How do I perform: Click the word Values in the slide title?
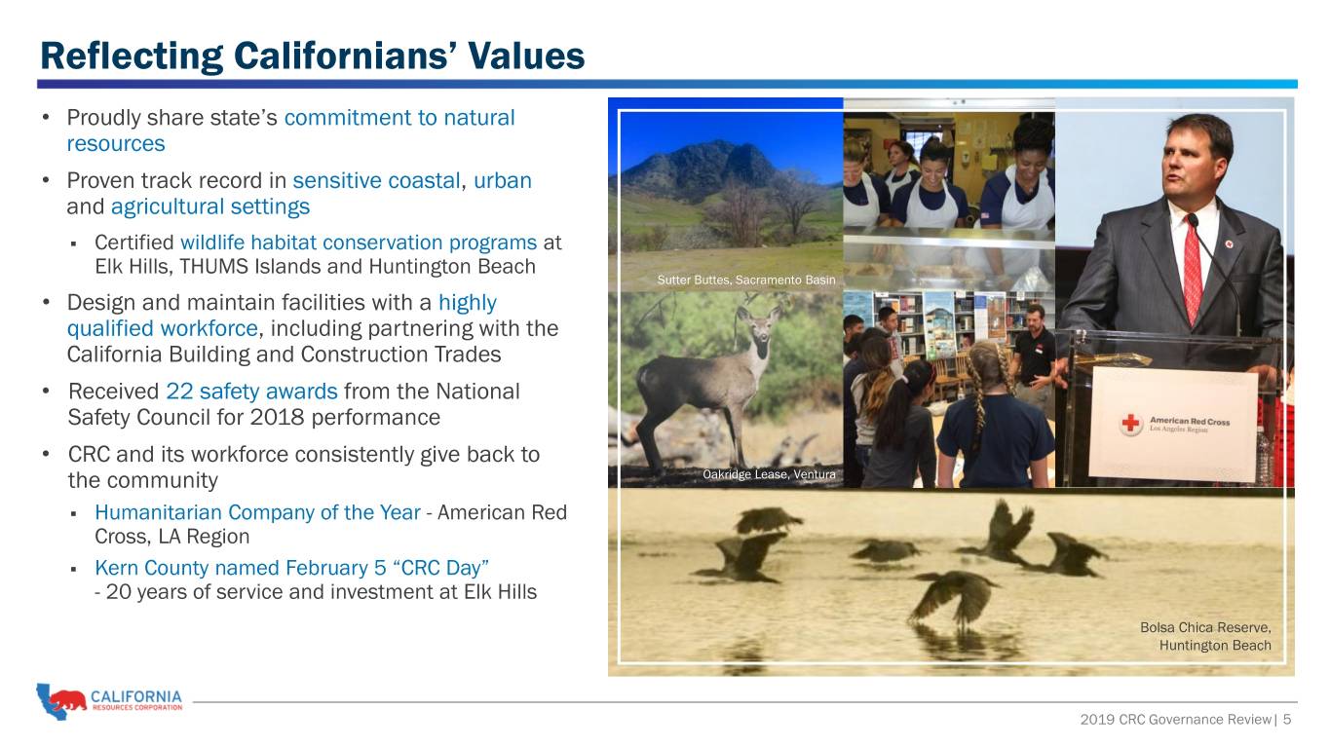pos(525,56)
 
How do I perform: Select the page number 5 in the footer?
pos(1287,720)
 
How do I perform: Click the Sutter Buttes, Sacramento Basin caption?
pos(745,280)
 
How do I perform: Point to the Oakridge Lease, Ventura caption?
pos(769,474)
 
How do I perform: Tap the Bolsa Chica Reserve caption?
pos(1205,636)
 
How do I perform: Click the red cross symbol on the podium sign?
pos(1130,424)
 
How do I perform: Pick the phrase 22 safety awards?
pos(251,392)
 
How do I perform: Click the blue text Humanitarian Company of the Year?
pos(257,512)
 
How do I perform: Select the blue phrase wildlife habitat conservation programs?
pos(359,243)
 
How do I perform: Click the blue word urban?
pos(503,180)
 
